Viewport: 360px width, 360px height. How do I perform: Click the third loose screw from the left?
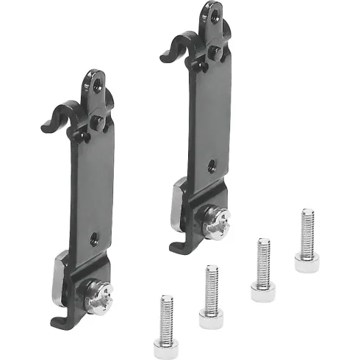click(262, 269)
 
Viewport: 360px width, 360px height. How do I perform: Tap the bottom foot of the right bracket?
click(178, 246)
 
